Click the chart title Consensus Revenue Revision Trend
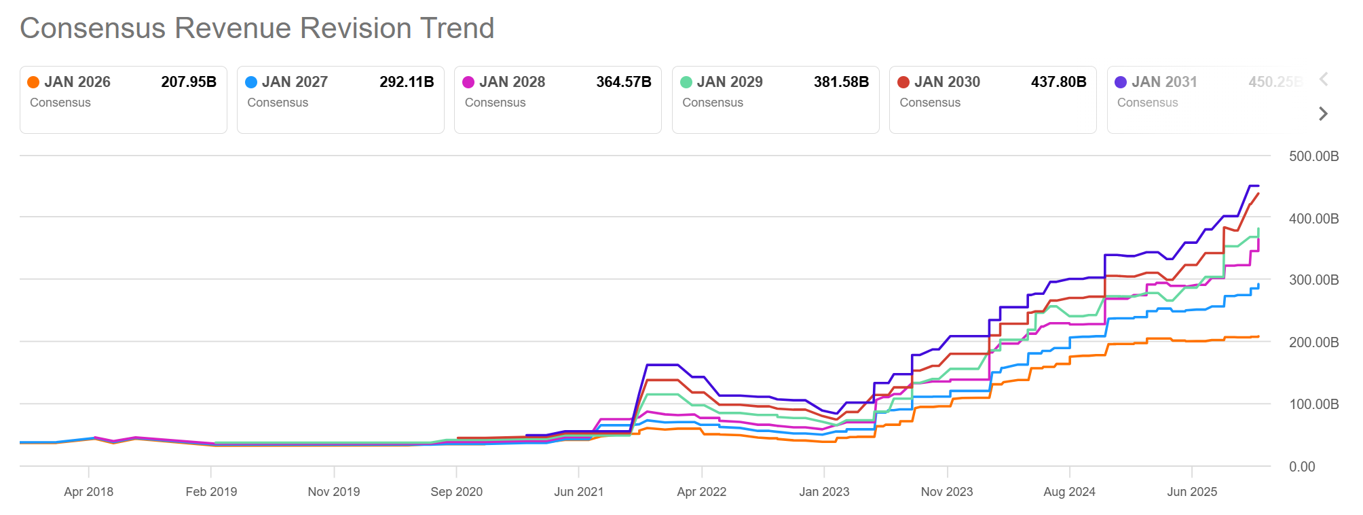257,29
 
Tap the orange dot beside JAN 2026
33,82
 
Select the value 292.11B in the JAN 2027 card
406,82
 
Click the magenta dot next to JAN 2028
468,82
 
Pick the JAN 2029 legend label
729,82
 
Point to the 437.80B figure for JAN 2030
1058,82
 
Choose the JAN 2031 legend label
1163,82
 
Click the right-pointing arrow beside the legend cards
1322,113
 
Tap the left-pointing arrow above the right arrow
1323,79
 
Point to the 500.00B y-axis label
1313,156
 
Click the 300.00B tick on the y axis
1313,280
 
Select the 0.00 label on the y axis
1301,467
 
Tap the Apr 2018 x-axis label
88,492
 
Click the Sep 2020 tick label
456,492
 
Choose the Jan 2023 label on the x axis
823,492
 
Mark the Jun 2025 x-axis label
1191,492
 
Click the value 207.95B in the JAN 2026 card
189,82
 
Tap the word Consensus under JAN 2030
929,103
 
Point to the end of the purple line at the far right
1258,186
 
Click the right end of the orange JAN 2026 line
1258,337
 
